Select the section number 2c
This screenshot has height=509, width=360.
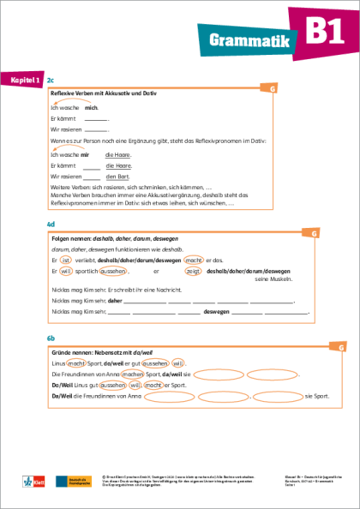click(x=51, y=79)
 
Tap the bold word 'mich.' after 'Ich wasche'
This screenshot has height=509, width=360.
click(x=92, y=109)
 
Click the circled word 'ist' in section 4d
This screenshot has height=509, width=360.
click(x=64, y=259)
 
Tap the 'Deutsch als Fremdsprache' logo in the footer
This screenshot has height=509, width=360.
click(x=68, y=484)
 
